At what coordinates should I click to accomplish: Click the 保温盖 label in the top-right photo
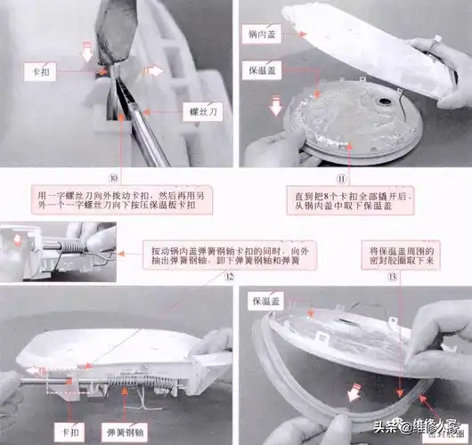click(261, 67)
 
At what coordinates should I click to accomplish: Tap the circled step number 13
click(369, 278)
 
